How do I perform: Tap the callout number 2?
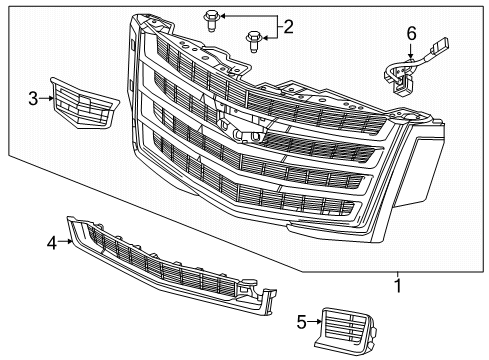click(x=288, y=27)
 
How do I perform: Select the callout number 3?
click(x=32, y=99)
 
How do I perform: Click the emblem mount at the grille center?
click(x=240, y=130)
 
